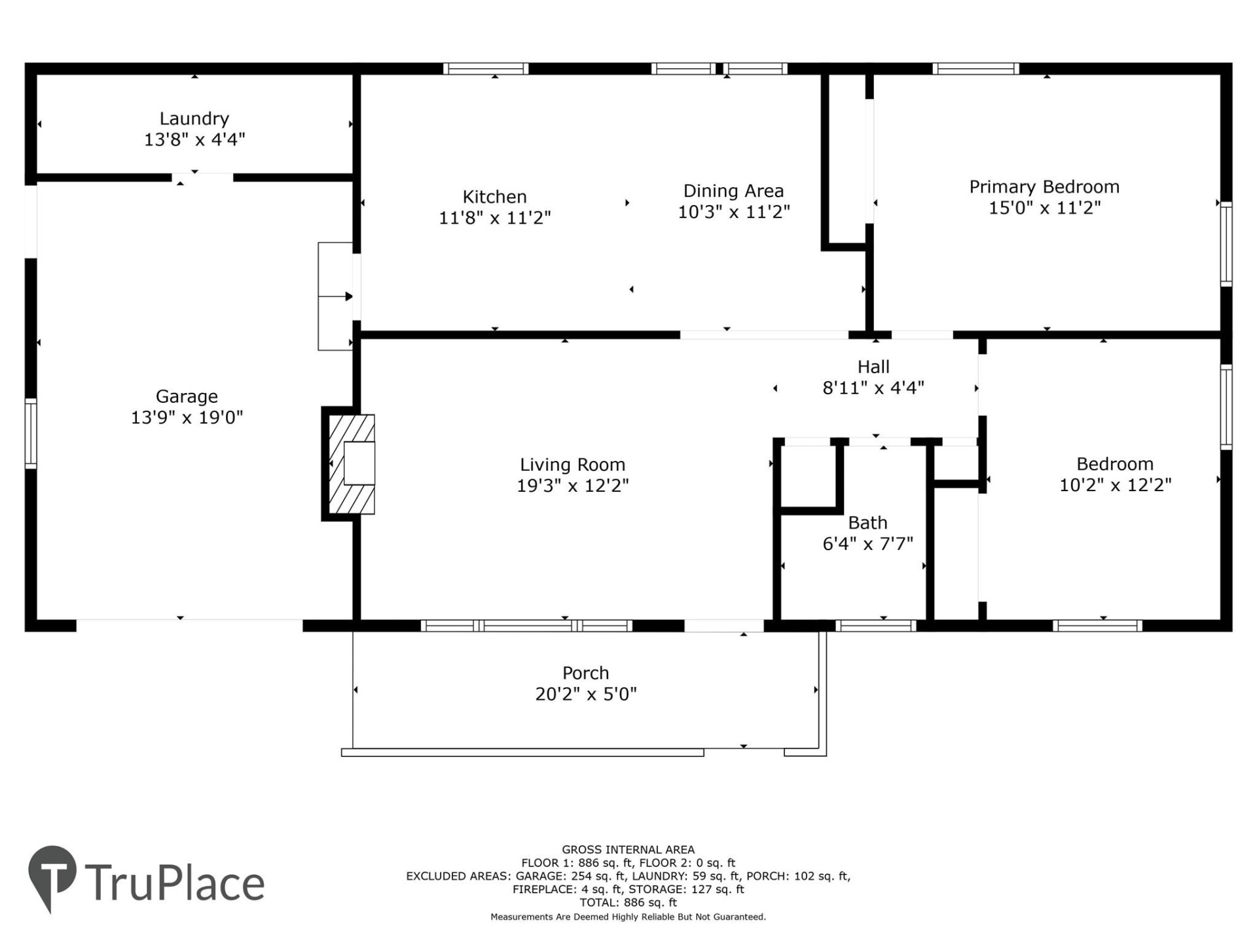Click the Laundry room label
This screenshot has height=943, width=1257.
[194, 119]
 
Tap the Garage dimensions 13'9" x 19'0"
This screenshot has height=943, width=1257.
[187, 417]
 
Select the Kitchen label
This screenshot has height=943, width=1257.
[494, 196]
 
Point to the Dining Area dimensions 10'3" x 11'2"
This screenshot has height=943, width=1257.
[733, 212]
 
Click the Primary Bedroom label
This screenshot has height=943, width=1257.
[1044, 187]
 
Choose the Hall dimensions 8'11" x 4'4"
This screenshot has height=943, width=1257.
[873, 388]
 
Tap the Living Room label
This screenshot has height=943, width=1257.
[572, 464]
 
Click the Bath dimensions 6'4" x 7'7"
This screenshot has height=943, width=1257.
[867, 544]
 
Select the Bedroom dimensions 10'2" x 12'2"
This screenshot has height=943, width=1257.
[1115, 485]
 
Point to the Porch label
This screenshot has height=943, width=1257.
[585, 673]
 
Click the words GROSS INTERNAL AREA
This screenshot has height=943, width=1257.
[628, 849]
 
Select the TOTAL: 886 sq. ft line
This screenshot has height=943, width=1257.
[628, 902]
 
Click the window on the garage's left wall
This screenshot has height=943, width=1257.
[31, 433]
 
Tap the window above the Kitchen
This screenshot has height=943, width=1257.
[485, 69]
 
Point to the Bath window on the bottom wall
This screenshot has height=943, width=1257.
[876, 626]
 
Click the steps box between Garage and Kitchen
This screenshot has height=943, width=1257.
[335, 296]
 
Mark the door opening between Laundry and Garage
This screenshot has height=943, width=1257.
[202, 177]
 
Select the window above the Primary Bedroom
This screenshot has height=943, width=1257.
[975, 69]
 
